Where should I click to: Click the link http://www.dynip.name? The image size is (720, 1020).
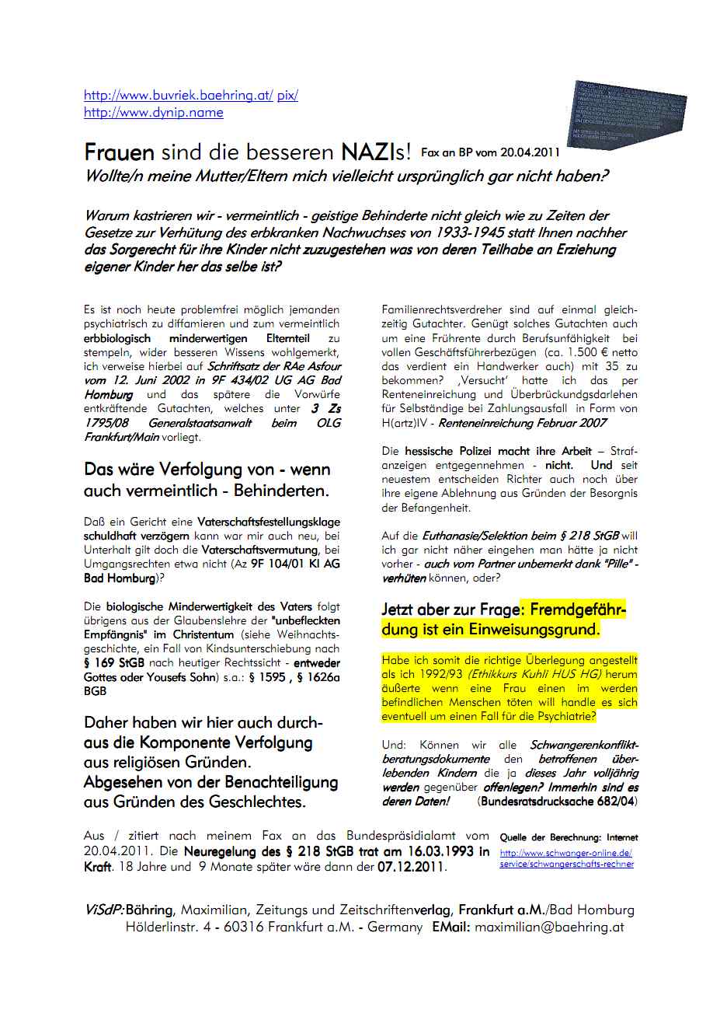[153, 113]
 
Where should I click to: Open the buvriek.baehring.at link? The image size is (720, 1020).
[178, 96]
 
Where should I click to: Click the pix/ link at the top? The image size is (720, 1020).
[287, 96]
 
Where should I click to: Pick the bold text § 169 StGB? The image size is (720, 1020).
[116, 663]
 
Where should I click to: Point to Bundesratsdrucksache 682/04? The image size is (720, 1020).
[558, 801]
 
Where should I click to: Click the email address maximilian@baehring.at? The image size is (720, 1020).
[549, 927]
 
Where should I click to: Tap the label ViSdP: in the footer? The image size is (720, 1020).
[104, 910]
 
